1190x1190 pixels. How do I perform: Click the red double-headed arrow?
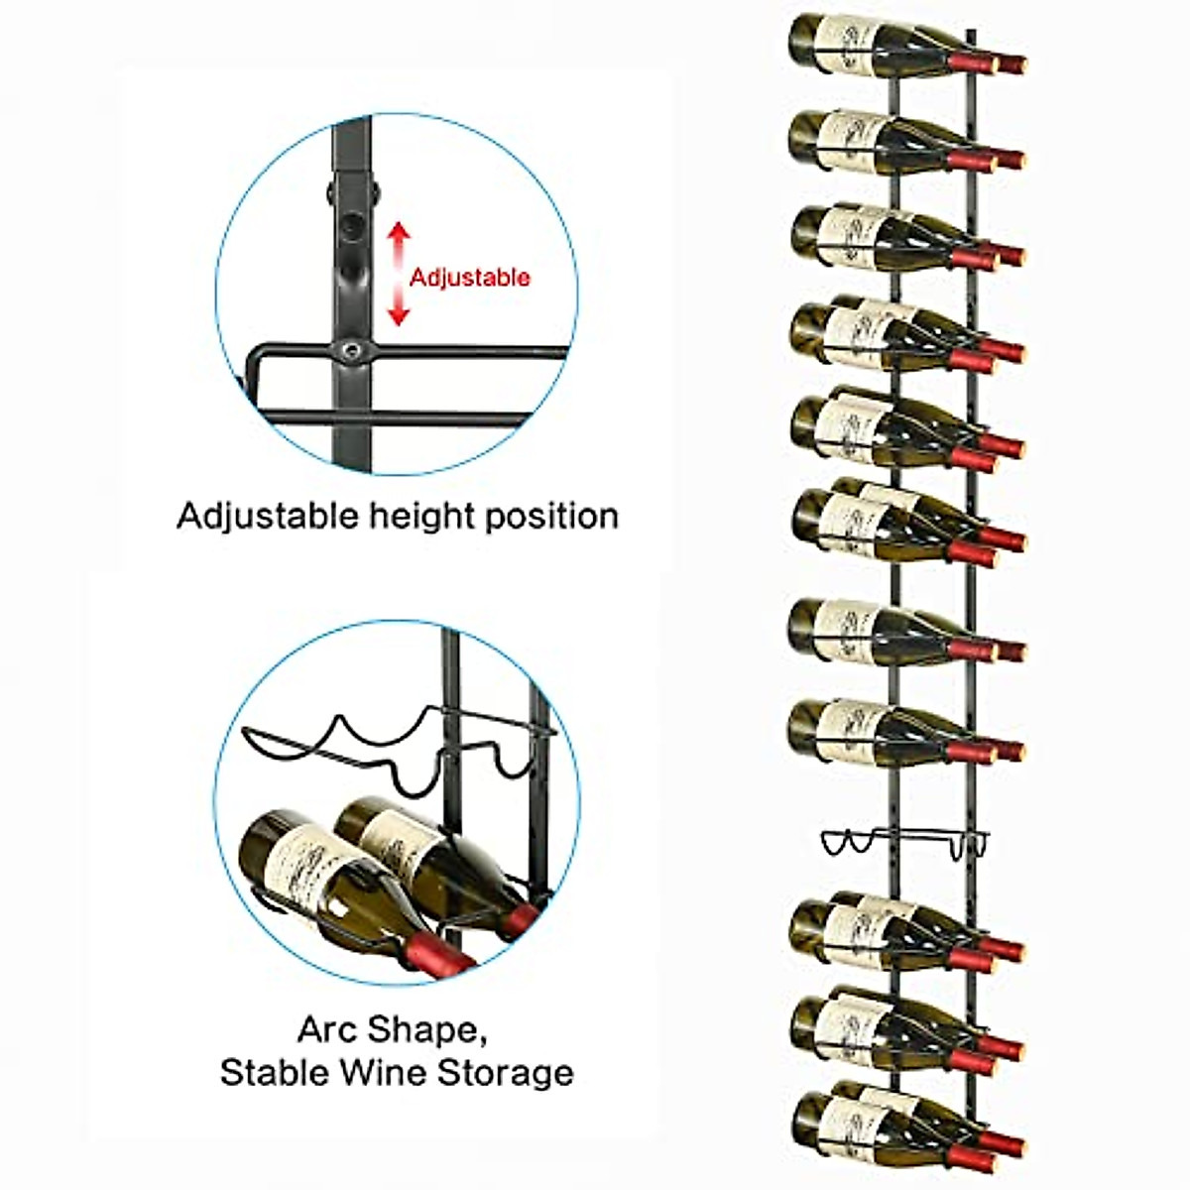click(398, 274)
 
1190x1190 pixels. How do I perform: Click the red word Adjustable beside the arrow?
click(470, 277)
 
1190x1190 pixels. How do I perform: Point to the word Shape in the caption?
click(428, 1031)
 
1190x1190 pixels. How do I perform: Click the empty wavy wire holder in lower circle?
click(397, 739)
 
